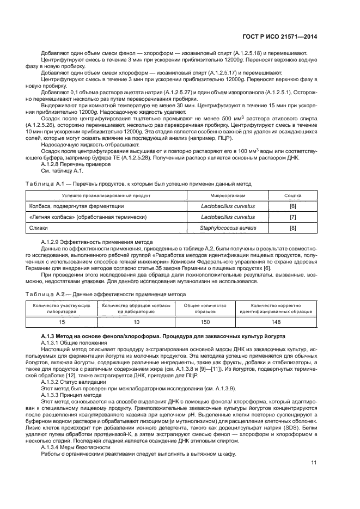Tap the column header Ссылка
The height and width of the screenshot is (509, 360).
tap(293, 195)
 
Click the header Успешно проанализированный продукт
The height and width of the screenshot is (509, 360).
tap(107, 195)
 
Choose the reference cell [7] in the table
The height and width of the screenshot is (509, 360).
tap(293, 217)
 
